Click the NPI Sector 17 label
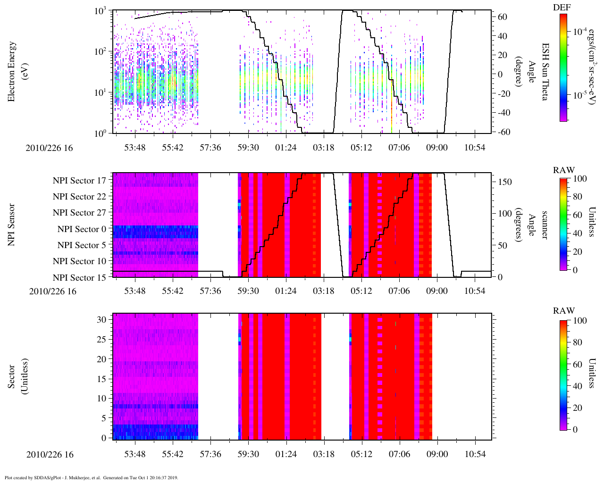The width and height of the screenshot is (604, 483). (x=79, y=181)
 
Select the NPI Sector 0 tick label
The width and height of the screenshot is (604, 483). (x=82, y=229)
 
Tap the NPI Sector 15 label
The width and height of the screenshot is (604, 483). (x=79, y=278)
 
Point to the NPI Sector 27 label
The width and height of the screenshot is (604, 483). (x=79, y=213)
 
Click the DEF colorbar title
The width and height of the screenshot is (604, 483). (x=562, y=8)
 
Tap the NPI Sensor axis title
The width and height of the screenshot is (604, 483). (x=12, y=225)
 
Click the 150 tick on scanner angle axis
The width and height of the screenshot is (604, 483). (x=505, y=182)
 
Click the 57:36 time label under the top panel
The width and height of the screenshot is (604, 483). (x=210, y=148)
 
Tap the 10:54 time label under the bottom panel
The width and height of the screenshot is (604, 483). (x=475, y=455)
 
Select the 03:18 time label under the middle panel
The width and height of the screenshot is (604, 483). (x=324, y=291)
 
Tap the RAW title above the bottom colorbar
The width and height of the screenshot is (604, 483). (x=564, y=311)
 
